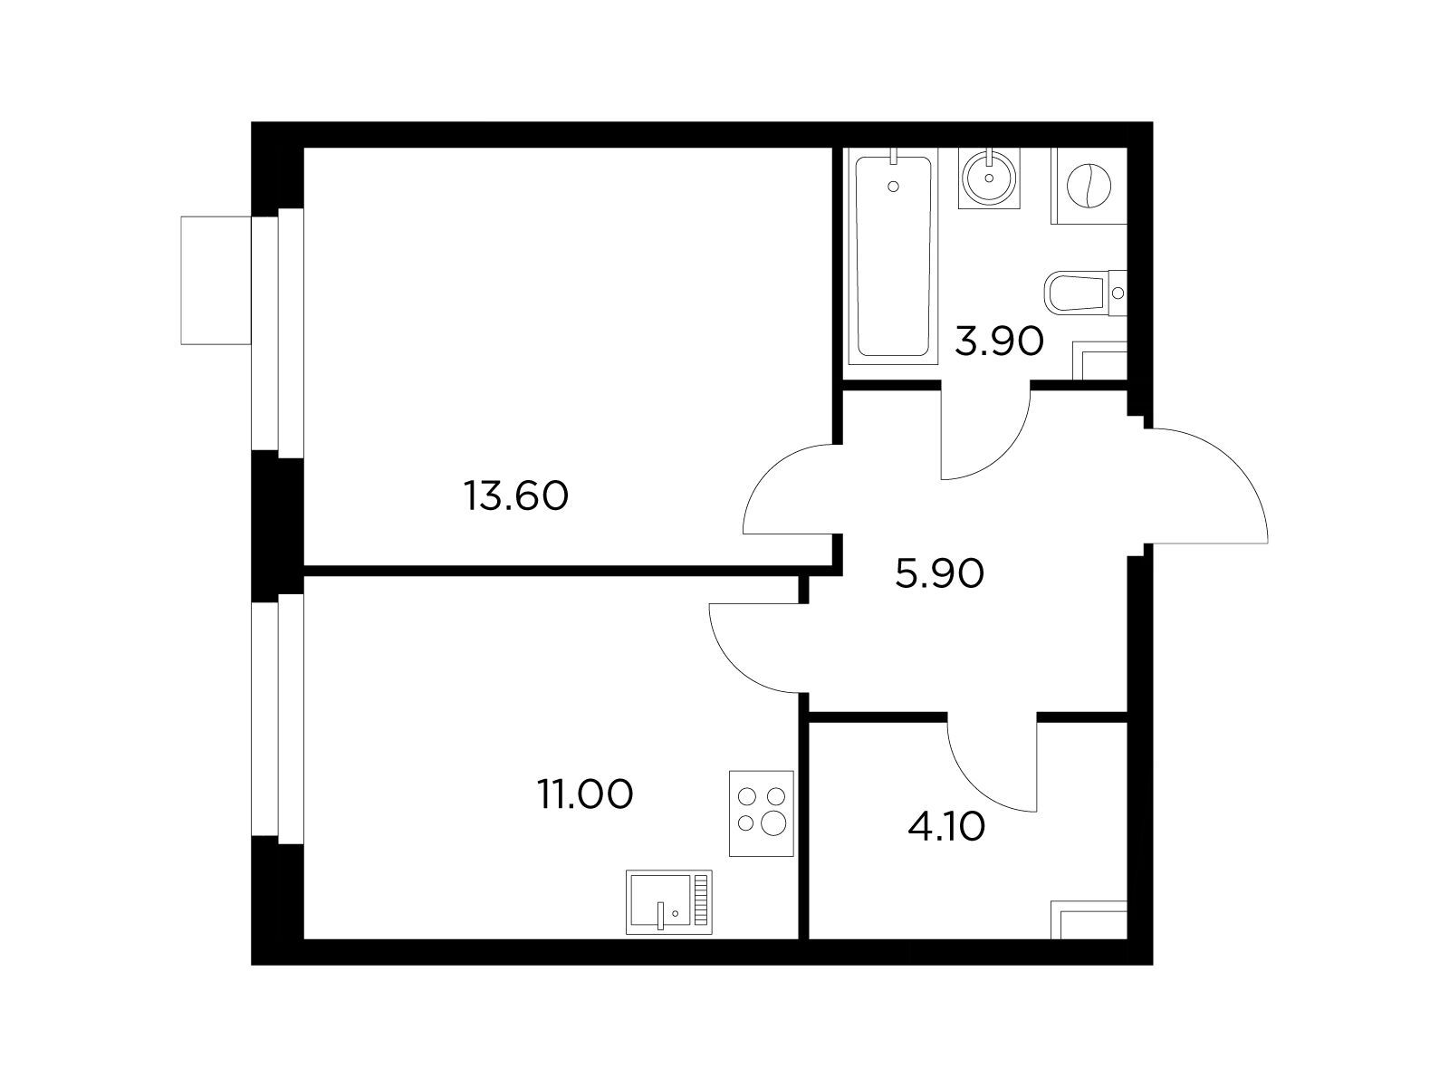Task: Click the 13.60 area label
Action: click(515, 496)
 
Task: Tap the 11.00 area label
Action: click(586, 794)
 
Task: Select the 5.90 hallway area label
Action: click(939, 572)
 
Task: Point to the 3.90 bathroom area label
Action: click(999, 341)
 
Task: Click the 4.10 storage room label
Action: click(946, 826)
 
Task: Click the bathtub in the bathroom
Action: click(893, 257)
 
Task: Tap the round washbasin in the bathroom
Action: click(988, 178)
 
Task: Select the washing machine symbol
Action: click(1089, 186)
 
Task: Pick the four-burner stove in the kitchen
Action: click(761, 813)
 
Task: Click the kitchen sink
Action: click(668, 901)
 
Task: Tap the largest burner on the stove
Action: click(773, 823)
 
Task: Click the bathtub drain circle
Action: click(893, 187)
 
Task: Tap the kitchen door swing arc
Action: click(736, 667)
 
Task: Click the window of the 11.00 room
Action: click(277, 718)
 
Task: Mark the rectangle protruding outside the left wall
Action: click(216, 280)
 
